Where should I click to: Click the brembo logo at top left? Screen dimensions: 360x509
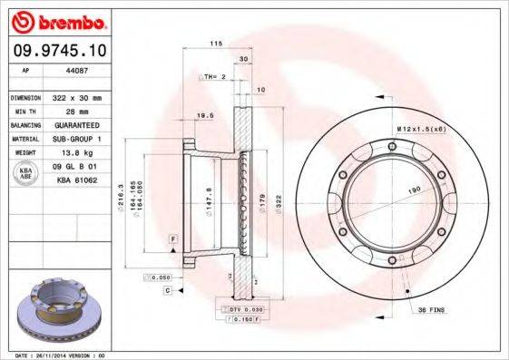tap(58, 20)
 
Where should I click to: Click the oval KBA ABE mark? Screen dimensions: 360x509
tap(26, 173)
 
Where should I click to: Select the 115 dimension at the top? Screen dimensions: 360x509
tap(216, 44)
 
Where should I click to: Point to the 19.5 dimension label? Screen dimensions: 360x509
tap(206, 116)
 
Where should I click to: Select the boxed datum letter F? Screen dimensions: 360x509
tap(171, 238)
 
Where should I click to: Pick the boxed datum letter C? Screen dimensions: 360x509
tap(168, 290)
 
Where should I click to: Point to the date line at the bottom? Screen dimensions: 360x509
tap(61, 355)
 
